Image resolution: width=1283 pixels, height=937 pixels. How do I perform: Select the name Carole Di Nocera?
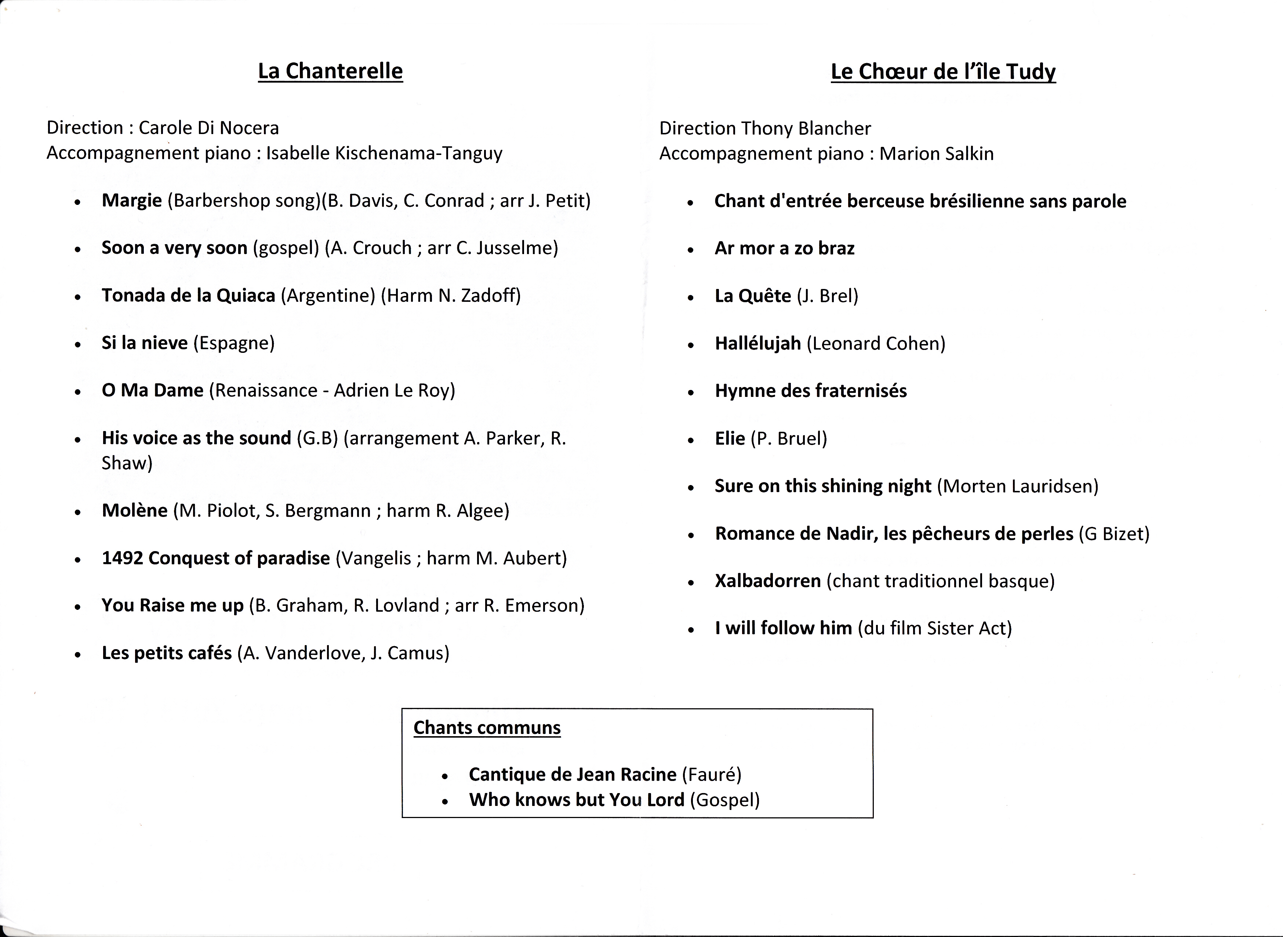tap(209, 128)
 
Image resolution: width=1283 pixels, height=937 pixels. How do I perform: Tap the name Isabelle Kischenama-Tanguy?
tap(384, 153)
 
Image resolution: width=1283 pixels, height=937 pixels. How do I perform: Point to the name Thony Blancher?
tap(806, 129)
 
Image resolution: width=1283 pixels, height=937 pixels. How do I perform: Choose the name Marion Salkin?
tap(936, 154)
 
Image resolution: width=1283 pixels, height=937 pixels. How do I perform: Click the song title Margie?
tap(131, 201)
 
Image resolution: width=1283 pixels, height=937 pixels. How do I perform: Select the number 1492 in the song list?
tap(122, 558)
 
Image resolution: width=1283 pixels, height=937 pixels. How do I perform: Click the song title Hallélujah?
tap(757, 343)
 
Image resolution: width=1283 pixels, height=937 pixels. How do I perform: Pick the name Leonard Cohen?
tap(876, 344)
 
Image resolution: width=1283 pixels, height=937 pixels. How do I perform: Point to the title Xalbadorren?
tap(768, 581)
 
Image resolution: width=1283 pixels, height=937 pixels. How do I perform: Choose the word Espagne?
tap(234, 343)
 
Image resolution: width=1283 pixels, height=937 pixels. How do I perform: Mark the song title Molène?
tap(134, 510)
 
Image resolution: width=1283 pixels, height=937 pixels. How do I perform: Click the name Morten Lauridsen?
tap(1018, 486)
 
